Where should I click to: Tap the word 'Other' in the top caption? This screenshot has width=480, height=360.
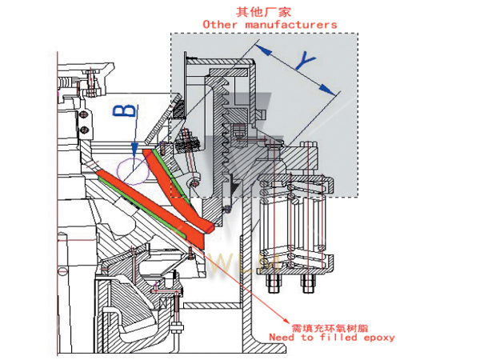(x=222, y=25)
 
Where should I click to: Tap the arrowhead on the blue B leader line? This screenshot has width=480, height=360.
(x=134, y=150)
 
